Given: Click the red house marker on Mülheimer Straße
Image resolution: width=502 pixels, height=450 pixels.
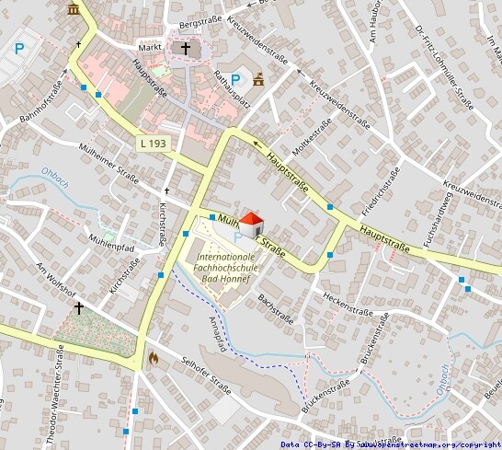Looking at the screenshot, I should coord(252,224).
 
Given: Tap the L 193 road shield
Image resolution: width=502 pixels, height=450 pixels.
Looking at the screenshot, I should coord(153,144).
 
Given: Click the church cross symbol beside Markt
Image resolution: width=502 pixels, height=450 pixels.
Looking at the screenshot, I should coord(185,48).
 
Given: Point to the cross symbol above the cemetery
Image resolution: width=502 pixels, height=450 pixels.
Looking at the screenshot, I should coord(79,307).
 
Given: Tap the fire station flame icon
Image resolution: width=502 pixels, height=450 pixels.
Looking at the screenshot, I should coord(153,357).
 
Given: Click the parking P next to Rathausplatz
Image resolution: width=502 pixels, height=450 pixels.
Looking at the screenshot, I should coord(235,80).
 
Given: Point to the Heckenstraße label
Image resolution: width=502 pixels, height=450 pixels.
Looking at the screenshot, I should coord(347,305).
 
